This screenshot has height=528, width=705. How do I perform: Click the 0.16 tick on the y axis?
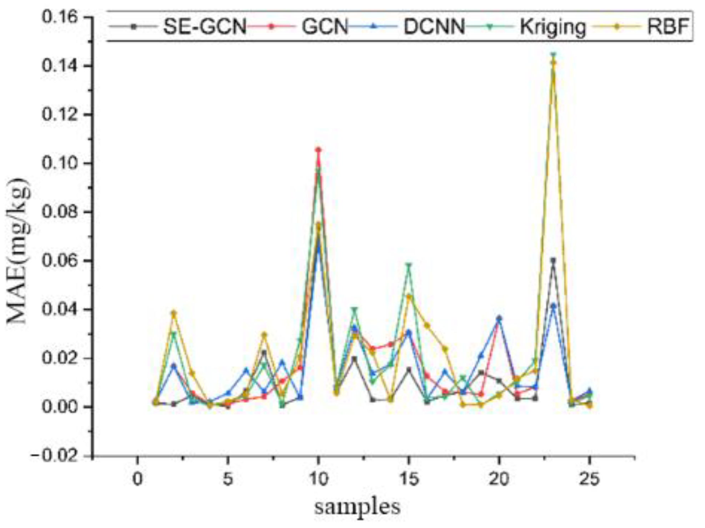coord(59,17)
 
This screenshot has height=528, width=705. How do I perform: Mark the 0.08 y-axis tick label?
coord(59,212)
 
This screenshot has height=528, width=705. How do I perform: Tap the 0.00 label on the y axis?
coord(59,407)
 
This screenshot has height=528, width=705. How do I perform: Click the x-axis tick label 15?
coord(409,479)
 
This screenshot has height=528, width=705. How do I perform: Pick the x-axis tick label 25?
coord(589,479)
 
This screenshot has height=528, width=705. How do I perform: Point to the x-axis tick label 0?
coord(137,479)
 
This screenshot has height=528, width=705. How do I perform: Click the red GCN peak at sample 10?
coord(318,150)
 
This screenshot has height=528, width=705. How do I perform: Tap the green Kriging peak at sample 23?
coord(553,55)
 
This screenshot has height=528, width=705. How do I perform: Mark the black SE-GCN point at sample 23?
coord(553,260)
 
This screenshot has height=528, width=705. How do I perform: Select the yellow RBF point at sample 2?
coord(174,313)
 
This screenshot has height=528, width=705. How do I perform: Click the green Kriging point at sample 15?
coord(409,265)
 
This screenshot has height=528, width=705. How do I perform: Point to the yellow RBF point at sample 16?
coord(427,325)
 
